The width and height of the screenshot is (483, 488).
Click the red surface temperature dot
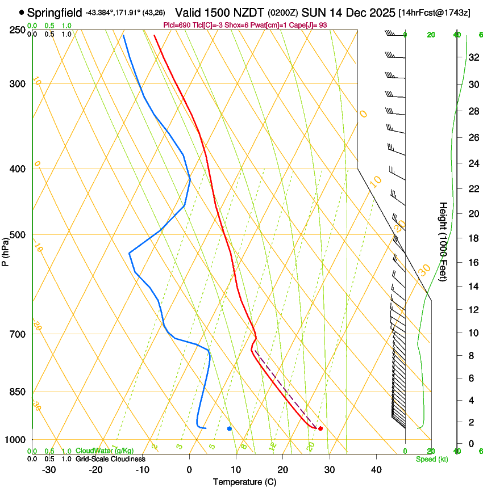320,428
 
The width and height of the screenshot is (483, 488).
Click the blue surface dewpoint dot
230,428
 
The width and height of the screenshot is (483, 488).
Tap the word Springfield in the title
55,12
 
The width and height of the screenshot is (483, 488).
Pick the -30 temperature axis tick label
49,470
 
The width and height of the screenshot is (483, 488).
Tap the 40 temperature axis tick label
376,470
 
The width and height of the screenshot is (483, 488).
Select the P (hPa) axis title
5,250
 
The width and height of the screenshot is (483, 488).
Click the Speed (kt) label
431,459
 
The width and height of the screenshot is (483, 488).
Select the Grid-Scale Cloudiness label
110,459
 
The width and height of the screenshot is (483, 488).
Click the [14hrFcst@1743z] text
434,12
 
